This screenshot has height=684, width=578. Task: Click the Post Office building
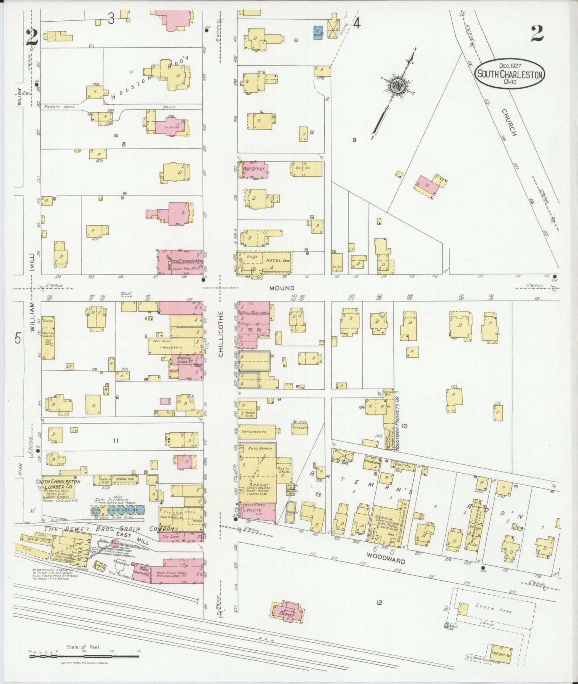(x=254, y=169)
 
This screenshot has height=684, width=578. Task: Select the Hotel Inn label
(x=278, y=260)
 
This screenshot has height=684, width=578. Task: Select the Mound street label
(x=282, y=288)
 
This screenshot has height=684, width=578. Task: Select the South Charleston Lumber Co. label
(x=58, y=484)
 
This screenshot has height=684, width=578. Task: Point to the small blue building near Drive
(x=318, y=31)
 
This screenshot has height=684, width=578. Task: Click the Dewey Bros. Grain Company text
(x=110, y=529)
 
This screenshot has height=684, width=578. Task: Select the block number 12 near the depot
(x=379, y=602)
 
